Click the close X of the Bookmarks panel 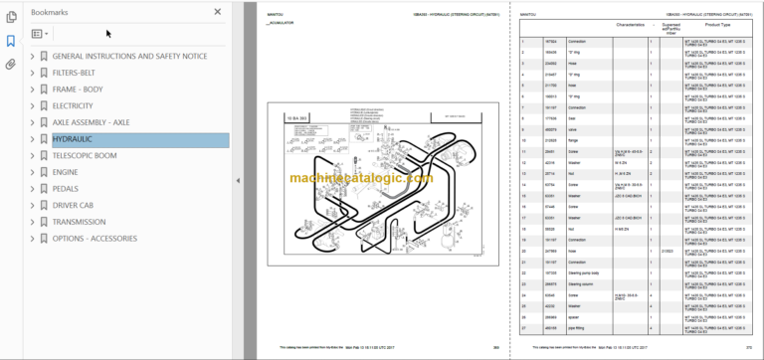click(x=218, y=12)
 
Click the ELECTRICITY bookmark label click(x=73, y=105)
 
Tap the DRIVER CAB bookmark click(x=80, y=206)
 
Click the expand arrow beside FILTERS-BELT click(x=33, y=73)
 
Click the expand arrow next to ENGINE click(x=33, y=173)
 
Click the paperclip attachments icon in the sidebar click(x=10, y=64)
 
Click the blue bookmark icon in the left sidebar click(x=10, y=41)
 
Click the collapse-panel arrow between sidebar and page click(x=238, y=180)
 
